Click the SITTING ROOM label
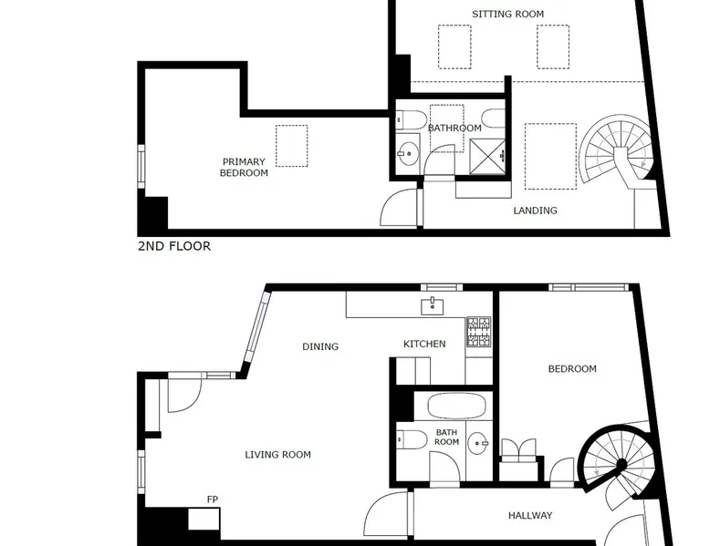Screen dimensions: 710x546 point(507,14)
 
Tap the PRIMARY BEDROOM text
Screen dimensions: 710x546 point(244,168)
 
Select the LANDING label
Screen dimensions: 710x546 point(535,211)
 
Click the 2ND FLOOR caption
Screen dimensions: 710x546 point(174,246)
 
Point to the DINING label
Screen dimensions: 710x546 point(320,346)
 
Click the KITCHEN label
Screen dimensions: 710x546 point(424,344)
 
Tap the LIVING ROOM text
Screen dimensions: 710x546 point(277,455)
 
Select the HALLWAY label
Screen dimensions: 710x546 point(530,515)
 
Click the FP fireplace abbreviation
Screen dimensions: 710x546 point(213,500)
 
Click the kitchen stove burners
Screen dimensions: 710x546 point(478,332)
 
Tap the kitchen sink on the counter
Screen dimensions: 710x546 point(432,306)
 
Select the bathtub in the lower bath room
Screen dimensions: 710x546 point(456,406)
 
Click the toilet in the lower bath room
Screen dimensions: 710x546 point(412,439)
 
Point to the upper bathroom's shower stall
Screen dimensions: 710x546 point(487,157)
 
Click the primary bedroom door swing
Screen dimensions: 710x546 point(398,207)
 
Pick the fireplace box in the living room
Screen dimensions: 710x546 point(204,519)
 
